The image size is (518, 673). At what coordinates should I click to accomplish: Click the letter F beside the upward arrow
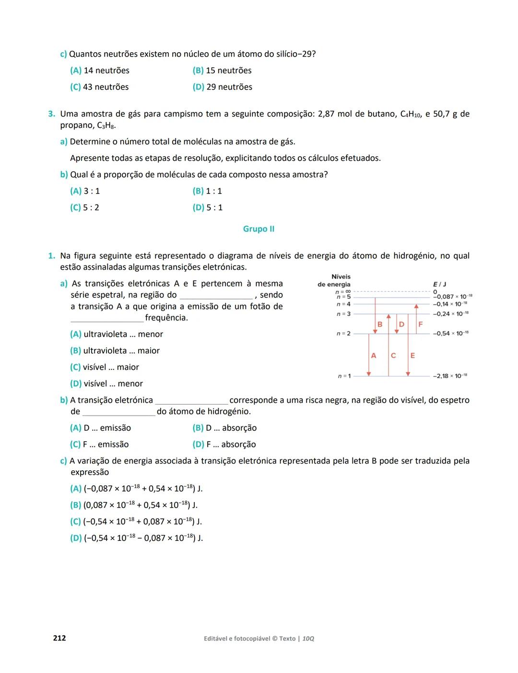point(421,324)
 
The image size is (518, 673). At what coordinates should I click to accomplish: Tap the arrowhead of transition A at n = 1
point(368,373)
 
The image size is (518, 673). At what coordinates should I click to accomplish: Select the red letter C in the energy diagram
point(393,355)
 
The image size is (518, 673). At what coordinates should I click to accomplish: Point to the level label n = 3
point(343,314)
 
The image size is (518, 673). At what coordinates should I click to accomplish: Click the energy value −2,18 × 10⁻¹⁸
point(450,376)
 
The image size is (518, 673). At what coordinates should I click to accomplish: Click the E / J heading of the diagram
point(439,284)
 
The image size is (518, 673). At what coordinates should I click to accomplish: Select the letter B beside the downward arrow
point(380,324)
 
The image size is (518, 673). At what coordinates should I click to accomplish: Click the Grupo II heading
point(259,229)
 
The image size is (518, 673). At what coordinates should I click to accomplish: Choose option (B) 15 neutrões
point(222,70)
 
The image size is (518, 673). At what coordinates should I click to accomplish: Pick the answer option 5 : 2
point(85,207)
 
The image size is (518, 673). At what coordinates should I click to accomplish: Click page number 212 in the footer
point(59,638)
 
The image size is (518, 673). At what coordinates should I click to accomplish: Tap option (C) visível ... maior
point(105,367)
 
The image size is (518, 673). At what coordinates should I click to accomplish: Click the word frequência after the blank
point(166,318)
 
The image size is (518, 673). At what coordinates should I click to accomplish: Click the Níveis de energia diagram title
point(334,281)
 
